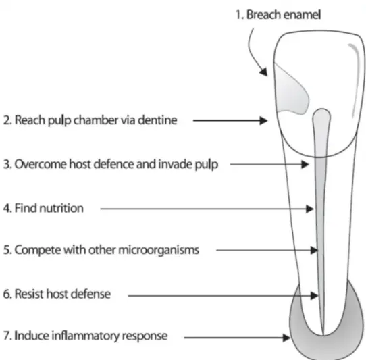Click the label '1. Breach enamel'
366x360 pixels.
click(x=278, y=14)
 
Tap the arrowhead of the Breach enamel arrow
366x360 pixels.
click(x=264, y=72)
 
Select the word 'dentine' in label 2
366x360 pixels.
click(x=157, y=120)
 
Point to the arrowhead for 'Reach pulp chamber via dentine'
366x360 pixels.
click(x=264, y=120)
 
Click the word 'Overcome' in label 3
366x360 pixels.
click(x=41, y=164)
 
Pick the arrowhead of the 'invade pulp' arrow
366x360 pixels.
click(x=305, y=164)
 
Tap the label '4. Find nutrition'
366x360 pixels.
click(x=43, y=208)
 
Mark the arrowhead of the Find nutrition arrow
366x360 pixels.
click(x=310, y=209)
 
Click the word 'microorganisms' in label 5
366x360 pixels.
click(x=159, y=250)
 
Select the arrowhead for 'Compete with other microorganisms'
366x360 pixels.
click(x=314, y=251)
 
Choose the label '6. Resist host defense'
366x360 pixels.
click(x=57, y=294)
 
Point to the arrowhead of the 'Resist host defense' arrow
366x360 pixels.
click(x=314, y=296)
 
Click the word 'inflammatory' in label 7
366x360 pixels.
click(x=85, y=336)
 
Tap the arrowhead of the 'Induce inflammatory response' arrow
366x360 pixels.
click(x=286, y=338)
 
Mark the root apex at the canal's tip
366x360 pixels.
click(x=323, y=334)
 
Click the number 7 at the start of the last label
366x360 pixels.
click(x=5, y=336)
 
